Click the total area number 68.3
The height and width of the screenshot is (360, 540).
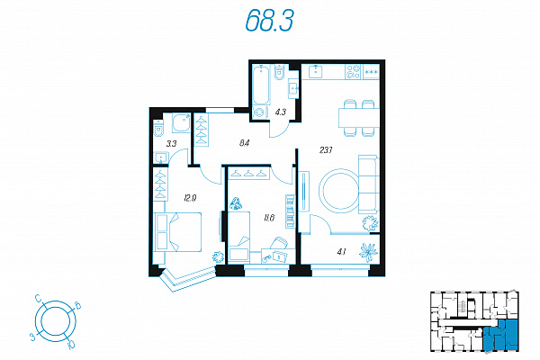click(x=270, y=20)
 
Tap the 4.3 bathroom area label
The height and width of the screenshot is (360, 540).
click(x=280, y=112)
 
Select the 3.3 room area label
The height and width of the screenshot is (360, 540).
click(x=171, y=143)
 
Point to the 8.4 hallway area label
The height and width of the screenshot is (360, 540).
click(x=244, y=142)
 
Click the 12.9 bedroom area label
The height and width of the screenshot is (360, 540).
click(x=190, y=198)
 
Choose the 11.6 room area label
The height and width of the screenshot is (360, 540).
click(x=269, y=218)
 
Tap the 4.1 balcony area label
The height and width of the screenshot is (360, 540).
click(x=341, y=252)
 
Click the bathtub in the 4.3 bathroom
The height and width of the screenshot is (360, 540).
click(x=261, y=85)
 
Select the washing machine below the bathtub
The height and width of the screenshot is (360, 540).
click(x=261, y=112)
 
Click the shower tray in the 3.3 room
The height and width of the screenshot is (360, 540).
click(x=181, y=123)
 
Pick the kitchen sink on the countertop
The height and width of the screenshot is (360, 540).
click(x=316, y=71)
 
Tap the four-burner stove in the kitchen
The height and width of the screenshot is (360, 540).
click(x=354, y=72)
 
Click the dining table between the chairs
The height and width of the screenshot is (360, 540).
click(x=359, y=118)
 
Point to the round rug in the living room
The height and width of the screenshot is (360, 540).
click(x=340, y=191)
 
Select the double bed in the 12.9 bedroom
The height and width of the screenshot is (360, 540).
click(x=177, y=232)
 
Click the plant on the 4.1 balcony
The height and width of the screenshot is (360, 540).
click(x=368, y=252)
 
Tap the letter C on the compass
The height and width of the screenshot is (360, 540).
click(x=40, y=298)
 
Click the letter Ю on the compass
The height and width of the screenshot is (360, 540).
click(x=72, y=343)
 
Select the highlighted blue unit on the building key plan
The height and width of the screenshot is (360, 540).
click(x=501, y=335)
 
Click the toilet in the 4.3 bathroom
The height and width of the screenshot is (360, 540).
click(x=279, y=73)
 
